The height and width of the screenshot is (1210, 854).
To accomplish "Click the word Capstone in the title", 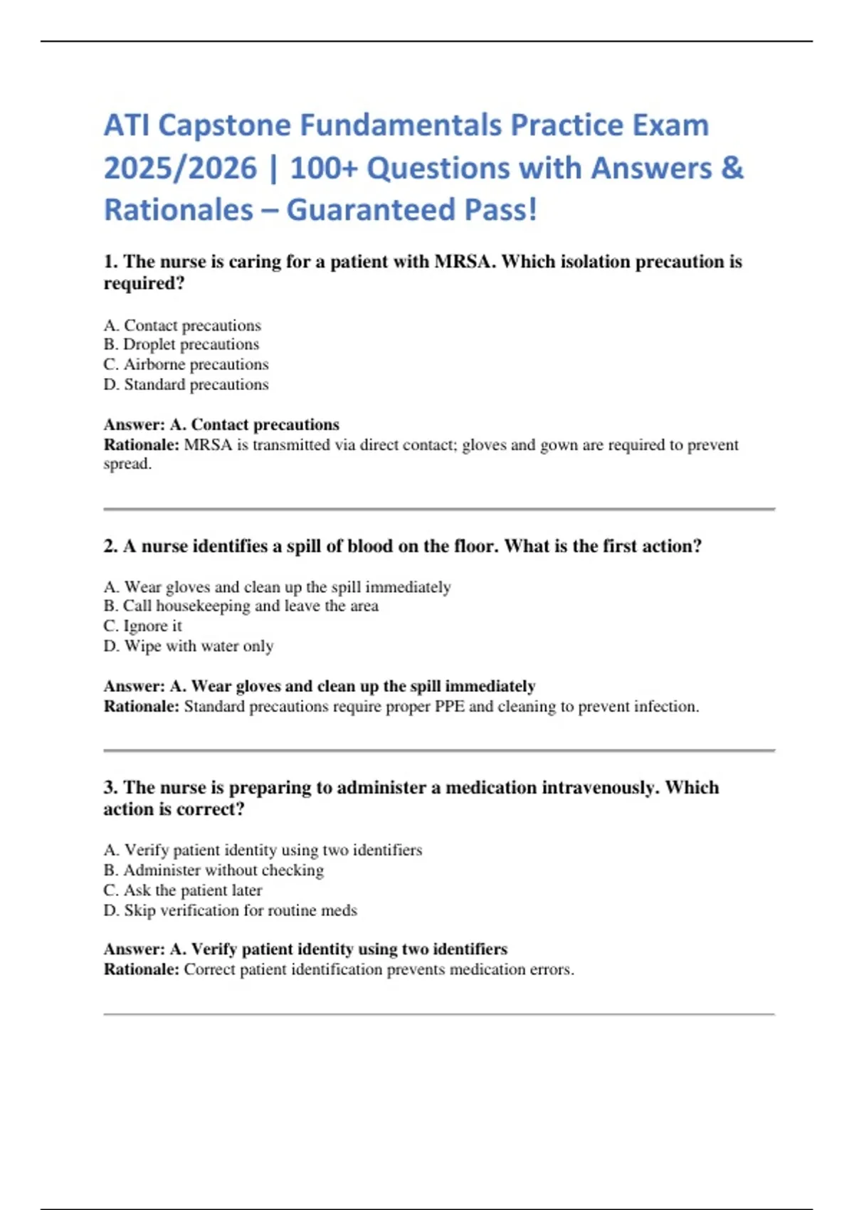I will tap(224, 126).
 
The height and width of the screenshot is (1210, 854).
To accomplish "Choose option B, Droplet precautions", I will tap(181, 344).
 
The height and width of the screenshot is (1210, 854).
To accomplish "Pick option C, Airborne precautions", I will tap(186, 364).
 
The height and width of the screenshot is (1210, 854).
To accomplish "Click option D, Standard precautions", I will tap(186, 384).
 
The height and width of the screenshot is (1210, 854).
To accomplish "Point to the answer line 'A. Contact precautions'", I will tap(255, 425).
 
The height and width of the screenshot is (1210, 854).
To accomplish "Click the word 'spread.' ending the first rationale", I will tap(127, 464).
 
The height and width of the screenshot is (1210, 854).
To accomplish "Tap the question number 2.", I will tap(110, 547).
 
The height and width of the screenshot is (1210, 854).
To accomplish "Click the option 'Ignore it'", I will tap(143, 626).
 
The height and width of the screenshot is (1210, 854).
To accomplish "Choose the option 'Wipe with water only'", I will tap(189, 646).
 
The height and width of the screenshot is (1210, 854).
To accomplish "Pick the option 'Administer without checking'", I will tap(213, 870).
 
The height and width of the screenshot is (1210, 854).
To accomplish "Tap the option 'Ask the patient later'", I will tap(183, 890).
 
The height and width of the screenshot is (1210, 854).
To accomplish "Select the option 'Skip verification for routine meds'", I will tap(231, 910).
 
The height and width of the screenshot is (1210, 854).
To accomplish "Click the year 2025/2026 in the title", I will tap(180, 169).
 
